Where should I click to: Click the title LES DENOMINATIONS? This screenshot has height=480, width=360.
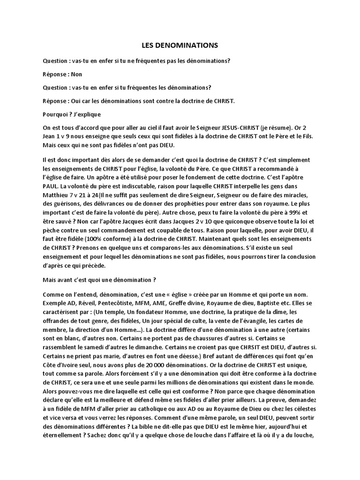pyautogui.click(x=180, y=45)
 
